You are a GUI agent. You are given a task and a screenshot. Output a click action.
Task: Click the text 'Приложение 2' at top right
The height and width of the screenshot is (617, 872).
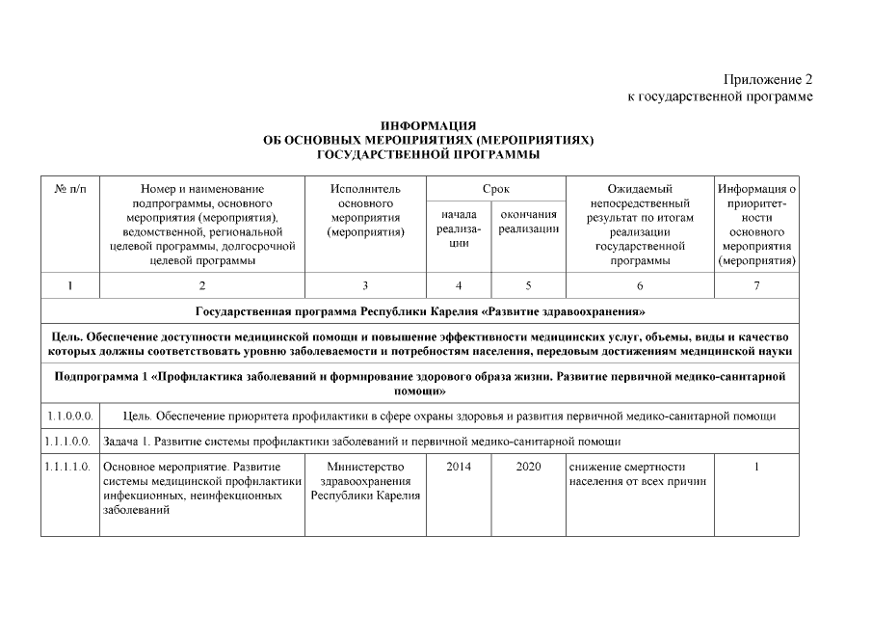coord(769,79)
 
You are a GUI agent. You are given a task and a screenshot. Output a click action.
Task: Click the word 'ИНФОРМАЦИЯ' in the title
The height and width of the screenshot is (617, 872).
coord(428,126)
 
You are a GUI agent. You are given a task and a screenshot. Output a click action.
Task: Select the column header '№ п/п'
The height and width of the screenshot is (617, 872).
coord(70,189)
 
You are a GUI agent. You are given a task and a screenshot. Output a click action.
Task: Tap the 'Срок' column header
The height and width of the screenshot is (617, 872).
coord(496,189)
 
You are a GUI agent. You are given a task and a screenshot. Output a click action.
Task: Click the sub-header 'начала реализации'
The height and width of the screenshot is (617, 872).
coord(458,228)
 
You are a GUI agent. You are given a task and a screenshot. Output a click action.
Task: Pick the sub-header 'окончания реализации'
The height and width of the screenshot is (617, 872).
coord(528,221)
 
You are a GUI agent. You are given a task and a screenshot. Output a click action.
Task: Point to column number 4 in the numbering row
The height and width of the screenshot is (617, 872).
coord(458,285)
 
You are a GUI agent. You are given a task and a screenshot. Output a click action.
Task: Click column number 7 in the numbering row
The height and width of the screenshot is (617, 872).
coord(756,285)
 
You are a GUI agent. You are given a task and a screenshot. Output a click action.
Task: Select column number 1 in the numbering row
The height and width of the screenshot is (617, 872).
coord(70,285)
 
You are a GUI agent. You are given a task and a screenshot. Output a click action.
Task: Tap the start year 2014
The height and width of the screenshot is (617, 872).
coord(458,467)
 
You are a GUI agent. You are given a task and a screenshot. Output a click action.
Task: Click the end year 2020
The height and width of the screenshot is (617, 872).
coord(528,467)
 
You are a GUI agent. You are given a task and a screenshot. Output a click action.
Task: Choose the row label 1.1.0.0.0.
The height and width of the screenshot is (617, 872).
coord(70,416)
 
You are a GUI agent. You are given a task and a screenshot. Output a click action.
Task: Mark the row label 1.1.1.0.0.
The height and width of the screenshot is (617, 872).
coord(70,442)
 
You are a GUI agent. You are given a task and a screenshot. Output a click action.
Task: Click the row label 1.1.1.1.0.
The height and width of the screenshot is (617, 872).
coord(70,467)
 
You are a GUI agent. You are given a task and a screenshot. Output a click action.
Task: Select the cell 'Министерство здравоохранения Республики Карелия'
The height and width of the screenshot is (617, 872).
coord(365,481)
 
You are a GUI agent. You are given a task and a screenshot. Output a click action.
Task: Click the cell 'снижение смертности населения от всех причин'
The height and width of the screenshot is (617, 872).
coord(637,473)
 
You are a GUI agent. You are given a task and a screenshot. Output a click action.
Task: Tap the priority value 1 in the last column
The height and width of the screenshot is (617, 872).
coord(756,467)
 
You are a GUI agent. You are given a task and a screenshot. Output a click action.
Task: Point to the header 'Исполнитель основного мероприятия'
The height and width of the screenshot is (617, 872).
coord(365,211)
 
